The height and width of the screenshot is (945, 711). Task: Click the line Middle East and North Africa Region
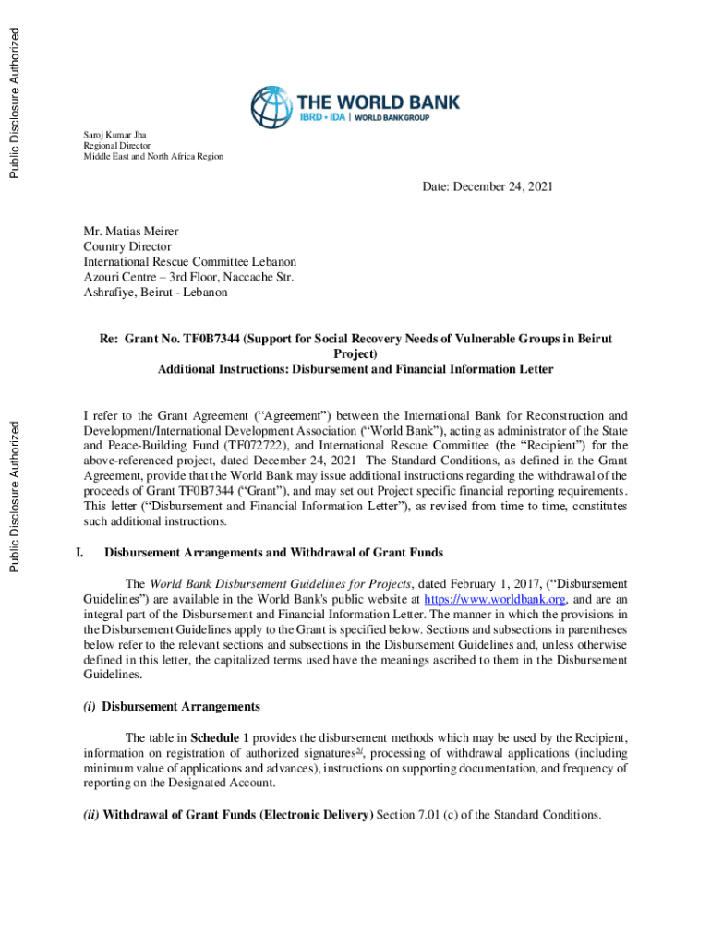click(x=153, y=157)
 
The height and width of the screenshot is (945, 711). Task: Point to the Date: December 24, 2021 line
click(x=488, y=187)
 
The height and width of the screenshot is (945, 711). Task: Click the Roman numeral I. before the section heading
click(x=78, y=553)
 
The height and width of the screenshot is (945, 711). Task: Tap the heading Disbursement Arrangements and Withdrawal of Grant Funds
click(x=273, y=553)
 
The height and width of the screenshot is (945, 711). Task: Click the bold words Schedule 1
click(x=220, y=737)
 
